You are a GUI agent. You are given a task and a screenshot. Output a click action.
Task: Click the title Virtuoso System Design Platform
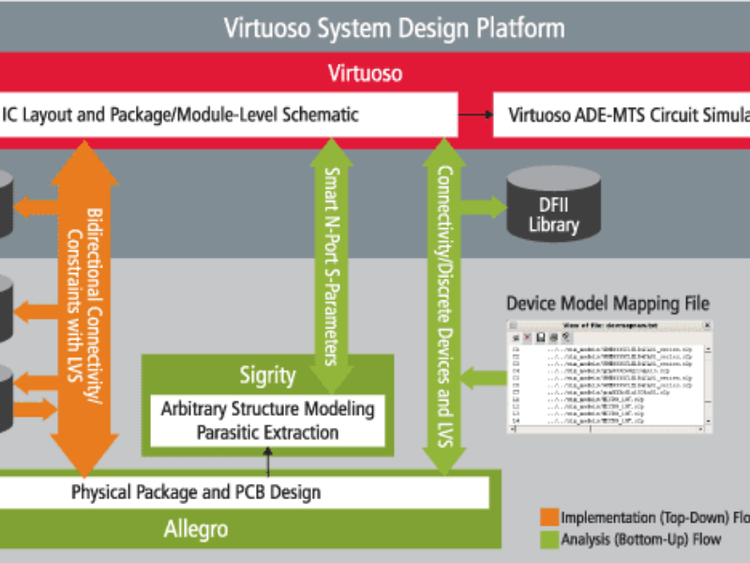394,27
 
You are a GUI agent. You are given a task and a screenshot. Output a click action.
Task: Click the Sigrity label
267,376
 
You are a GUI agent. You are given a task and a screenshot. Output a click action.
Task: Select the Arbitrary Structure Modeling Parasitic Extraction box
267,420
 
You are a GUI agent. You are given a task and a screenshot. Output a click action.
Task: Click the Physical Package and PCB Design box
197,492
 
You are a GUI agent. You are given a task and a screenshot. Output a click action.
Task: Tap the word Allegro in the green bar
196,529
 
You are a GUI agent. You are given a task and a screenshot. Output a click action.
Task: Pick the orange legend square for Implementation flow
548,517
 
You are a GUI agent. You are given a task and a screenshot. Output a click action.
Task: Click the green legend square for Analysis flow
548,539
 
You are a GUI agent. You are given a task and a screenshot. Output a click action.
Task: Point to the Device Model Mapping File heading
607,304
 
